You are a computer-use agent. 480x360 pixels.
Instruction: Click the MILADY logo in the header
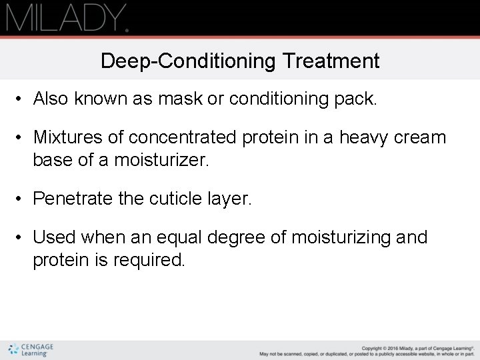(67, 17)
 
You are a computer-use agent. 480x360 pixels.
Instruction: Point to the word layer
(231, 198)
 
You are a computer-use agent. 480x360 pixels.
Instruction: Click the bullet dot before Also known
(21, 100)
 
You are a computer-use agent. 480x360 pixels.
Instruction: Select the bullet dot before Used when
(21, 237)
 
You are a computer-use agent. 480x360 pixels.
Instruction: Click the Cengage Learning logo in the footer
(31, 350)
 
